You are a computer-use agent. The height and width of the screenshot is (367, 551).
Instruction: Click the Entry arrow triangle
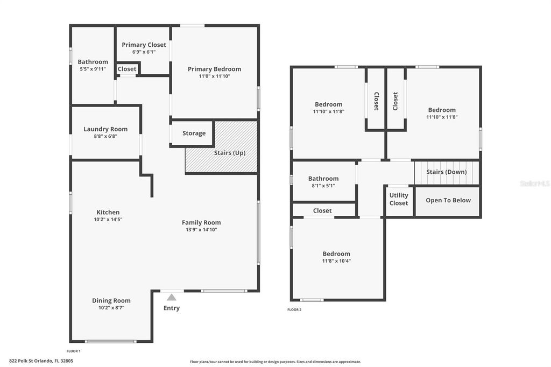coord(171,297)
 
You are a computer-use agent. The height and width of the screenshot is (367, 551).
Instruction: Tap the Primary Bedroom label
coord(214,69)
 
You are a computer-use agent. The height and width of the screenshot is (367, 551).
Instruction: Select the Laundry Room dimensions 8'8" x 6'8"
coord(105,136)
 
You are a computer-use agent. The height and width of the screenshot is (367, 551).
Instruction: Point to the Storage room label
coord(194,133)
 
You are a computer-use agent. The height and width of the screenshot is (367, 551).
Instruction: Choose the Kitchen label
coord(108,212)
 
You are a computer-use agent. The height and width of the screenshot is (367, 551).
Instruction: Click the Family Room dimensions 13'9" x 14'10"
coord(201,230)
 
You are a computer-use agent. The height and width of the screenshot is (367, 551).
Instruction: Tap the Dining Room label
coord(111,301)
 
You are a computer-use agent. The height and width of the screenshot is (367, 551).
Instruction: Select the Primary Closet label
coord(144,45)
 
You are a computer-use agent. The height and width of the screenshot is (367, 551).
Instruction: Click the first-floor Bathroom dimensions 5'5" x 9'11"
coord(93,69)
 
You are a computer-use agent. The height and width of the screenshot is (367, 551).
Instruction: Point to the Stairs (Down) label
coord(446,172)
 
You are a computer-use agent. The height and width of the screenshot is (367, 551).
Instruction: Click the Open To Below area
coord(448,200)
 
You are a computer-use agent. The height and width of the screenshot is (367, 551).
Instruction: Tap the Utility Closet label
coord(399,199)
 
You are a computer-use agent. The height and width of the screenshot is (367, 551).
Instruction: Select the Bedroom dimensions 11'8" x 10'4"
coord(336,261)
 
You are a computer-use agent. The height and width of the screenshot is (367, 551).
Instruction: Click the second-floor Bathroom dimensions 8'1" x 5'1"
coord(323,186)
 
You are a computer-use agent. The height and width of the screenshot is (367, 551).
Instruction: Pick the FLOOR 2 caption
coord(294,309)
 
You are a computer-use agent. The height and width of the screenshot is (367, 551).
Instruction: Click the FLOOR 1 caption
coord(73,350)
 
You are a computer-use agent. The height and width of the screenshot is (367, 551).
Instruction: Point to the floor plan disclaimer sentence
coord(275,362)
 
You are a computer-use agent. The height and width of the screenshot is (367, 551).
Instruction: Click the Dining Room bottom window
coord(111,341)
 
